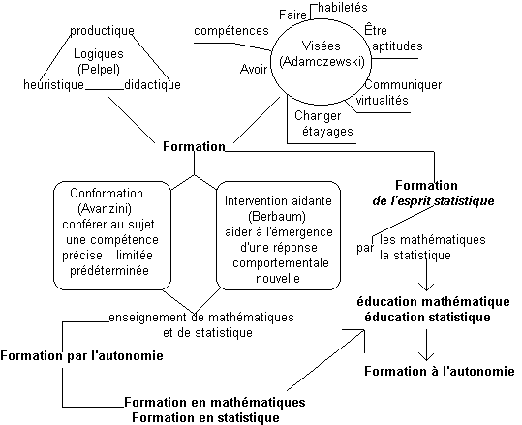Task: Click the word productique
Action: pos(102,31)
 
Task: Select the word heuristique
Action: pos(53,84)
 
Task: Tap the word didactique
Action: pos(152,84)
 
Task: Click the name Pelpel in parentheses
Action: pos(99,70)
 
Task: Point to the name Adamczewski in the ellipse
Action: pos(322,62)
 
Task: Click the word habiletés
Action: pos(343,8)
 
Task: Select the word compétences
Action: pos(231,31)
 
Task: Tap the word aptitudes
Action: pos(397,46)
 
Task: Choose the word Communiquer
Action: pos(403,85)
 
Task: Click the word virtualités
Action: pos(383,100)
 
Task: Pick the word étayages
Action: pos(327,131)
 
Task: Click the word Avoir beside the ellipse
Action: pos(254,70)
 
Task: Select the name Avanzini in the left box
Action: pos(105,209)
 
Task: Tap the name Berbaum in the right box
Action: pos(277,217)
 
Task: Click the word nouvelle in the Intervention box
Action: pos(278,278)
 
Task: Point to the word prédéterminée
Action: pos(109,270)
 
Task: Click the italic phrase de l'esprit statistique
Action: pos(433,201)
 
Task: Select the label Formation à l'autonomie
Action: pos(440,371)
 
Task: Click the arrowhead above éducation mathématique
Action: pos(426,287)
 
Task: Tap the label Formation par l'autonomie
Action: pos(82,355)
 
